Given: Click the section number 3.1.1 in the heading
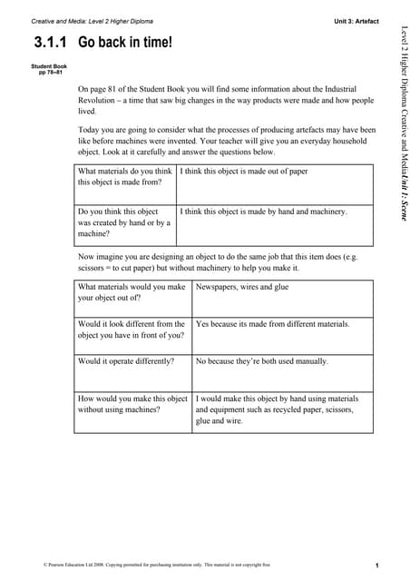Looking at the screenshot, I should (53, 42).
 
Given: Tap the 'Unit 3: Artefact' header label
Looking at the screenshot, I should (356, 20).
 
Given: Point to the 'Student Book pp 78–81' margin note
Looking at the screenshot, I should (49, 69).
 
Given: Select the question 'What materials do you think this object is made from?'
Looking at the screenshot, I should (125, 176).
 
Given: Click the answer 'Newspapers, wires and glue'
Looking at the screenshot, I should (242, 287).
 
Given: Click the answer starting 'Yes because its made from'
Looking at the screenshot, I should (272, 323).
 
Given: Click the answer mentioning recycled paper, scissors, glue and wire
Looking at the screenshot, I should (278, 409).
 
